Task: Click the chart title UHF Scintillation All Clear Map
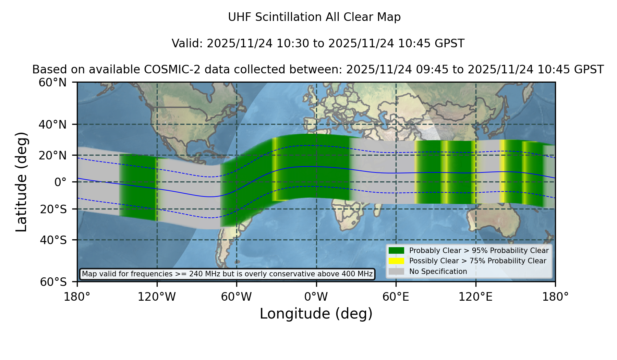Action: click(x=314, y=17)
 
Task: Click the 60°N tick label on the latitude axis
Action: click(x=53, y=83)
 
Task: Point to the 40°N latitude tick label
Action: click(x=53, y=124)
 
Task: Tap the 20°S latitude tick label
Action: click(x=53, y=209)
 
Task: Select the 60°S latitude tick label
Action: click(x=53, y=282)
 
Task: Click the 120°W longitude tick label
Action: click(x=157, y=297)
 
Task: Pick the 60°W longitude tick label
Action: click(x=237, y=297)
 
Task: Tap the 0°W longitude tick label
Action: click(x=316, y=297)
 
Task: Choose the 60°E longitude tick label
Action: click(x=396, y=297)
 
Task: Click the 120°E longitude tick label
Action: click(x=476, y=297)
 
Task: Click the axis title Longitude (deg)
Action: click(x=316, y=314)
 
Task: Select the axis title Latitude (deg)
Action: click(x=22, y=182)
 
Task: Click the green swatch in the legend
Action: click(x=397, y=251)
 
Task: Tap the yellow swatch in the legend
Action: click(x=397, y=261)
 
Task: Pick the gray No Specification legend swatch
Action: click(x=397, y=272)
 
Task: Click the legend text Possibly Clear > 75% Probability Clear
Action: click(x=478, y=261)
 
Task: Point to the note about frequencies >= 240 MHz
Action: click(x=227, y=274)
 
